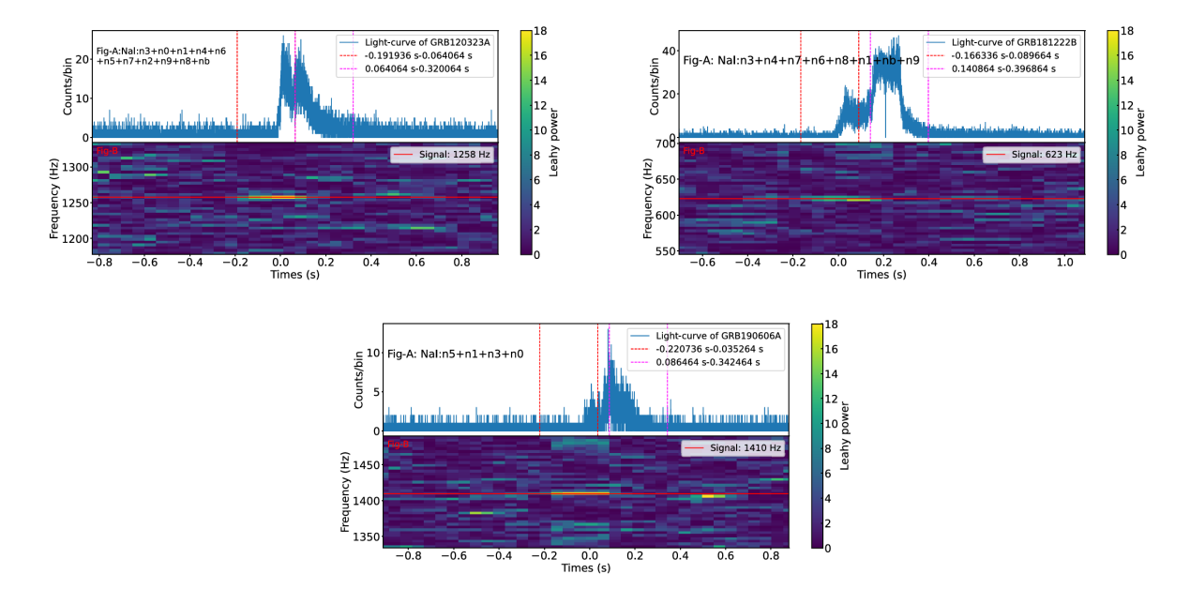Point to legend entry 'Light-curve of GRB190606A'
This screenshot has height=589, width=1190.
[719, 335]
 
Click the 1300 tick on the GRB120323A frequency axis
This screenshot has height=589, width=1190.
[78, 167]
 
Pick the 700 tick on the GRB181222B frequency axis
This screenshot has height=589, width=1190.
[664, 143]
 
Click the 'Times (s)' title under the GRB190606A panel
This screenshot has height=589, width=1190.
[585, 568]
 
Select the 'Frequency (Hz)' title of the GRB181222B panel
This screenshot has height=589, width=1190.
[648, 198]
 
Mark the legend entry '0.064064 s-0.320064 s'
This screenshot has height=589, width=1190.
[416, 68]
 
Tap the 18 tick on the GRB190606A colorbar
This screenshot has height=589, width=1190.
[830, 325]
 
